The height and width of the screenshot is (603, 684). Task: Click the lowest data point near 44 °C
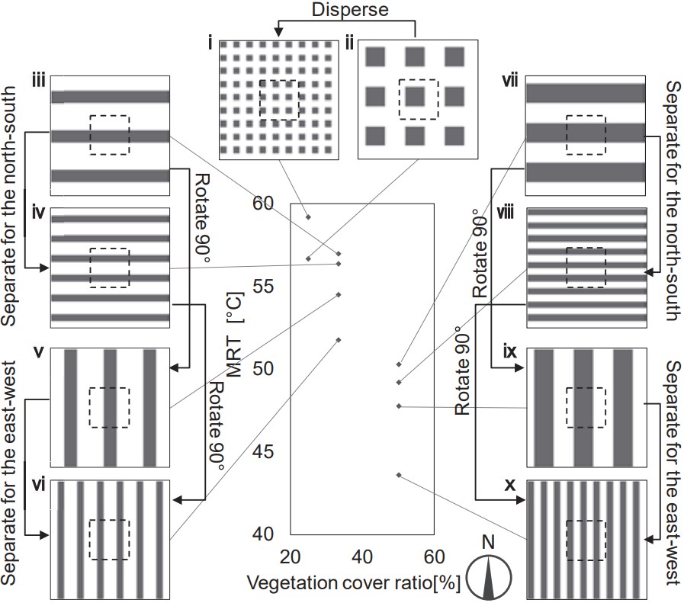tap(399, 475)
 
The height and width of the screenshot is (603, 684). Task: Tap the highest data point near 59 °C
tap(308, 218)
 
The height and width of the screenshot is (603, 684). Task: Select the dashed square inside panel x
tap(586, 540)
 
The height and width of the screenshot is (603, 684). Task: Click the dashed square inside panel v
tap(108, 408)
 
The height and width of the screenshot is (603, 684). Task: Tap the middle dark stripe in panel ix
tap(586, 408)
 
